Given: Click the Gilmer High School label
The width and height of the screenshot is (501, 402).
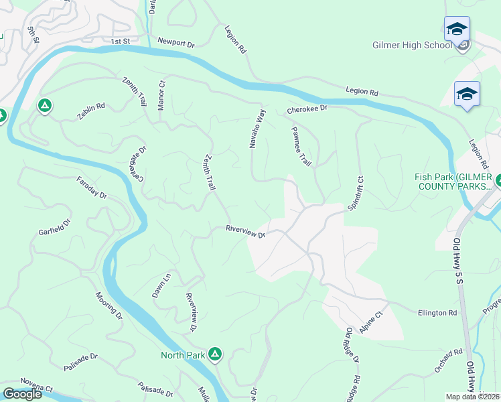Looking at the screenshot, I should pos(412,45).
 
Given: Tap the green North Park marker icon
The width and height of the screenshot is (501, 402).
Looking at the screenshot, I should pos(214,354).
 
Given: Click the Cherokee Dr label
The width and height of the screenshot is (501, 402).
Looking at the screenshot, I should pos(307,109).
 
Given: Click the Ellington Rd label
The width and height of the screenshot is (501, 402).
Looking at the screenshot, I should pos(437,312).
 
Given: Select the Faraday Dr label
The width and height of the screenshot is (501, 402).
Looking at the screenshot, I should pos(92,188).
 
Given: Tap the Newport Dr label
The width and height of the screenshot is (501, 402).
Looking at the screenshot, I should pos(175,42).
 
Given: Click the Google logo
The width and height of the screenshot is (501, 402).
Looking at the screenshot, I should pos(22,393).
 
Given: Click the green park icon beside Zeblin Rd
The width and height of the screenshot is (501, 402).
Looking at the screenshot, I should pos(44,106).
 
